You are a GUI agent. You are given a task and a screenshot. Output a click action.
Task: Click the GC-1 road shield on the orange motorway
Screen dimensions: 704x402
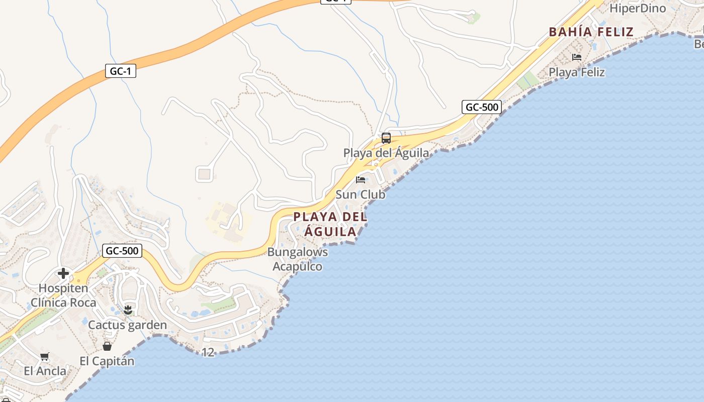point(121,71)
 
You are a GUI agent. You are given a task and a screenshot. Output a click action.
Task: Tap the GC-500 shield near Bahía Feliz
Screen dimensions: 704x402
point(481,107)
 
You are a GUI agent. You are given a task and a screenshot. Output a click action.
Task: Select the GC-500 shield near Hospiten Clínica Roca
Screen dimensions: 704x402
point(122,250)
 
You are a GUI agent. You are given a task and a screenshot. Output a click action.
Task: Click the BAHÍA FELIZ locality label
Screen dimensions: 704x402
point(591,32)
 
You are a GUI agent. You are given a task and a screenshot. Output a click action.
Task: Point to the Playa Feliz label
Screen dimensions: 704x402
point(576,72)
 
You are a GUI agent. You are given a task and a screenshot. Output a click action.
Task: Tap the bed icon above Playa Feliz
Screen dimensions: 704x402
point(576,57)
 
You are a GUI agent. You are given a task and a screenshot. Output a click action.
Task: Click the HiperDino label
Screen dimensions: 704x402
point(638,8)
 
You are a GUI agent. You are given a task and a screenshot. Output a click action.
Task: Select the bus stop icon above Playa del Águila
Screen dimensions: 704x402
point(386,138)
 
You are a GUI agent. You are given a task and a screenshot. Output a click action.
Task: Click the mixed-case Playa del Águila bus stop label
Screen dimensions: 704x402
point(386,153)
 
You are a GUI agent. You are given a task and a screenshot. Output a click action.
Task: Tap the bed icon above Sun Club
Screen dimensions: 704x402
point(361,180)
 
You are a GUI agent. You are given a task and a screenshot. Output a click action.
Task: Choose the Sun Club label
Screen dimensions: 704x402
point(360,194)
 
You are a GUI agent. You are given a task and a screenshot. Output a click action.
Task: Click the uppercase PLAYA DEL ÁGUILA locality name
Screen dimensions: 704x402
point(330,224)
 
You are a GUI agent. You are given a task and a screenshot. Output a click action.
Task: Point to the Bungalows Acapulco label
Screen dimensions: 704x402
point(298,259)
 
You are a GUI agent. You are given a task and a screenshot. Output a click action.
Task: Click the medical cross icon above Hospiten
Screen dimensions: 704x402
point(63,273)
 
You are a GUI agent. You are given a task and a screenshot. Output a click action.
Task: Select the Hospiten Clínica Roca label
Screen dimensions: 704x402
point(63,295)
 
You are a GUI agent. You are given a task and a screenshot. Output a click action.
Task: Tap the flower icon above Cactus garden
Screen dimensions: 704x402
point(128,310)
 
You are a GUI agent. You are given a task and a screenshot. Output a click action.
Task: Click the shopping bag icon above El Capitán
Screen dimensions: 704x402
point(107,346)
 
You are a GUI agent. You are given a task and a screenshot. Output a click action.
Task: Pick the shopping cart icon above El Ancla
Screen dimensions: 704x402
point(45,356)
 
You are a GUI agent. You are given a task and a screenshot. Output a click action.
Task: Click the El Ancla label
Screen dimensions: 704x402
point(45,371)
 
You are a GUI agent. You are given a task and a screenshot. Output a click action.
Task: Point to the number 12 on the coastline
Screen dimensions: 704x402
point(208,352)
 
